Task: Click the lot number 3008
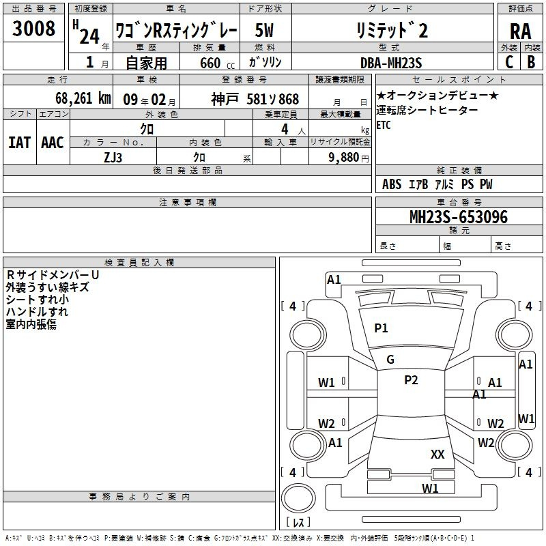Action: click(x=33, y=28)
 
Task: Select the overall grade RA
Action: click(x=521, y=31)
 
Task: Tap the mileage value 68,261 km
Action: click(x=83, y=98)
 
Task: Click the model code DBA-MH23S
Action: click(x=391, y=63)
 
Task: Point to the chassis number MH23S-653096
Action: click(x=459, y=217)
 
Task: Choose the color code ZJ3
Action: click(x=113, y=158)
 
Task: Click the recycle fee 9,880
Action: click(x=344, y=157)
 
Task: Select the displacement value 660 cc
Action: click(x=217, y=63)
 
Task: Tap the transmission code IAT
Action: click(x=19, y=143)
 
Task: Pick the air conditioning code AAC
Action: click(x=53, y=143)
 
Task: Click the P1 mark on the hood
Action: click(x=381, y=328)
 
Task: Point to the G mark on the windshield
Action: click(x=390, y=360)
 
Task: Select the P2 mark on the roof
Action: click(x=411, y=380)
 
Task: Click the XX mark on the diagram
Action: click(x=437, y=454)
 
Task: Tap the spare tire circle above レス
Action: click(x=298, y=498)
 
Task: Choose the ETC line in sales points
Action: click(x=384, y=125)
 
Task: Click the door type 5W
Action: click(x=264, y=30)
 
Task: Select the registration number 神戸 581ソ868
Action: click(x=255, y=100)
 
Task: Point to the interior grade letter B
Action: click(x=531, y=62)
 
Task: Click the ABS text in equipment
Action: click(x=392, y=184)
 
